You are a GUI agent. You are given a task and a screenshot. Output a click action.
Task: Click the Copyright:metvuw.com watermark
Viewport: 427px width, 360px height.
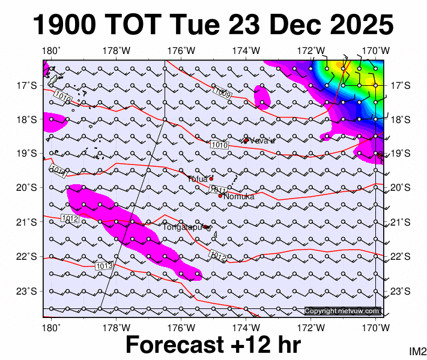(342, 311)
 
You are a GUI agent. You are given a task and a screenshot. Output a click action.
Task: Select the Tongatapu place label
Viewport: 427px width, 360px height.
(183, 227)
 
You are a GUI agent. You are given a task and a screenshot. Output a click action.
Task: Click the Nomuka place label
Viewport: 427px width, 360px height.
(239, 196)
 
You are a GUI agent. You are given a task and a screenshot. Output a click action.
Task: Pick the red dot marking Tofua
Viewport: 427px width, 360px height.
(211, 178)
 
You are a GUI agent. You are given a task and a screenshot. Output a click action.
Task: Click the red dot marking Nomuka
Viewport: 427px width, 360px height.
(220, 196)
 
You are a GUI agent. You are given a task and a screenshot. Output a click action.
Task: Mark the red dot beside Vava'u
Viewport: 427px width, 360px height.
(246, 140)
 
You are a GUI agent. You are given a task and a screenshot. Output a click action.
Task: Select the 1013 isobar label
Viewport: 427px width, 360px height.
(104, 265)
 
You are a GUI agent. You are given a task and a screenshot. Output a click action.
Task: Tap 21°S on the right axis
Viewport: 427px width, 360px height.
(399, 223)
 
